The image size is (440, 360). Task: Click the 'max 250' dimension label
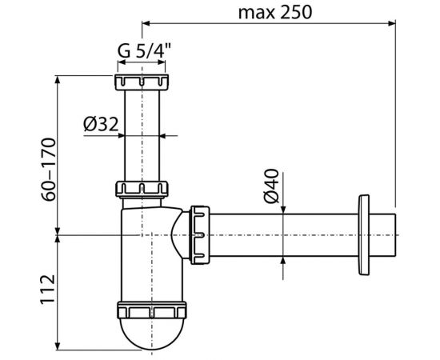pyautogui.click(x=274, y=11)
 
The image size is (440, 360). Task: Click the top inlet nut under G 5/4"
pyautogui.click(x=145, y=82)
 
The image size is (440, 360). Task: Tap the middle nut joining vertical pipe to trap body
pyautogui.click(x=145, y=189)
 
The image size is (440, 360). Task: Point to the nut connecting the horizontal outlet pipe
pyautogui.click(x=198, y=234)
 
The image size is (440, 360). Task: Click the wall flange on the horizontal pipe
pyautogui.click(x=366, y=234)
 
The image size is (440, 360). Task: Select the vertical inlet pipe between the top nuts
pyautogui.click(x=145, y=136)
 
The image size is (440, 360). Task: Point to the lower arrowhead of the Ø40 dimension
pyautogui.click(x=283, y=259)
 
